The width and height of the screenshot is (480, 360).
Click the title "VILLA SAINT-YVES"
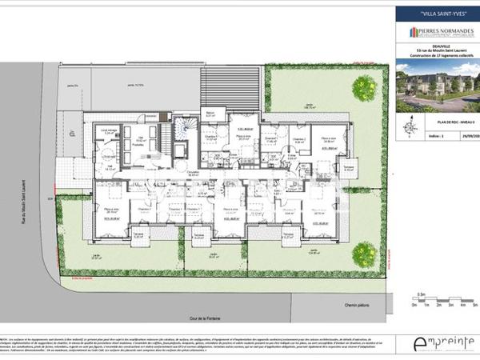click(x=437, y=14)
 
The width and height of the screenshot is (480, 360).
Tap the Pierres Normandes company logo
click(x=437, y=33)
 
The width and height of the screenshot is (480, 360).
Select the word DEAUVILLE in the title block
click(x=437, y=47)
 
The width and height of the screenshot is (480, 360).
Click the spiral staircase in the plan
click(x=186, y=126)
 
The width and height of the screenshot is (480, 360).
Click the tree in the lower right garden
click(x=364, y=253)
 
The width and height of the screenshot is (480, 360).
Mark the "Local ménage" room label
click(x=108, y=130)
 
